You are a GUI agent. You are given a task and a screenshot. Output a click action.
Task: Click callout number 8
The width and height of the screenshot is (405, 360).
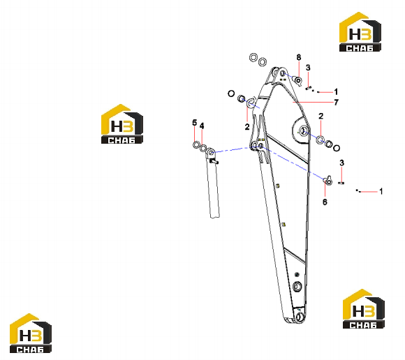click(x=299, y=57)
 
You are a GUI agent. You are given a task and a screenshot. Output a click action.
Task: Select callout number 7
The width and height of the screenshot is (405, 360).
click(x=336, y=103)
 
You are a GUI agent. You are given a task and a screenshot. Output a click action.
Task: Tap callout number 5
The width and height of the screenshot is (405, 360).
click(x=195, y=123)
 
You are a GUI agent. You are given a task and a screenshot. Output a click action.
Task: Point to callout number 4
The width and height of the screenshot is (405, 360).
click(x=202, y=126)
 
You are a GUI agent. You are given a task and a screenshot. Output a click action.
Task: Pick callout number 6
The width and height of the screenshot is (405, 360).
click(x=325, y=202)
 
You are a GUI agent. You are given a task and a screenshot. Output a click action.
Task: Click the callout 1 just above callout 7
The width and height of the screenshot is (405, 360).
click(x=336, y=91)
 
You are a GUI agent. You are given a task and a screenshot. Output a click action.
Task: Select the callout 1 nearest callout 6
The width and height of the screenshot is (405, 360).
click(x=381, y=191)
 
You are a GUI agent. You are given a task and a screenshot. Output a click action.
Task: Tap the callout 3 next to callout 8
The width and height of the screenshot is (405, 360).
click(x=308, y=68)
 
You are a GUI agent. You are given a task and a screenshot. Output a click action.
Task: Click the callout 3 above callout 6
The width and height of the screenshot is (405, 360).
click(x=341, y=163)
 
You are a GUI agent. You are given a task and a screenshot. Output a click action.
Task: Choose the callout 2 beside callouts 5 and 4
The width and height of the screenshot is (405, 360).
click(x=247, y=127)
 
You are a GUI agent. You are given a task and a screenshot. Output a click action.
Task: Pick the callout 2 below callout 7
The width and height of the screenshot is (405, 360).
click(x=321, y=116)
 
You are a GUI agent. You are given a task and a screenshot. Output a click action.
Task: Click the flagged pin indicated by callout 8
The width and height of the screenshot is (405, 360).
click(x=298, y=80)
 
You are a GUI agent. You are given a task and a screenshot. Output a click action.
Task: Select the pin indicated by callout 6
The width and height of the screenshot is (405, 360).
click(x=328, y=181)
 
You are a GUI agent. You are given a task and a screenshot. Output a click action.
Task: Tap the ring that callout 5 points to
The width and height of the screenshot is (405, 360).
click(x=196, y=145)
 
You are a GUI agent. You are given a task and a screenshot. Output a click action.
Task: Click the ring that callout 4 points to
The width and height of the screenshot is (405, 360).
click(x=204, y=148)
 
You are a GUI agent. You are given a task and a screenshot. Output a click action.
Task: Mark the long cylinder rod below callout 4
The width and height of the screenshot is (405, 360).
click(x=213, y=183)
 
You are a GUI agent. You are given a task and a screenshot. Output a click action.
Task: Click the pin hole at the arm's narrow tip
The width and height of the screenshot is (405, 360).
click(x=300, y=316)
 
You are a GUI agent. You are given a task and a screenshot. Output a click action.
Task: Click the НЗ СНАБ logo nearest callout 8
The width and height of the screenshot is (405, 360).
click(x=360, y=31)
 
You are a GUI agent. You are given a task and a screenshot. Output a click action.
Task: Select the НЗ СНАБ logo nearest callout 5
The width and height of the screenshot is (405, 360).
click(x=122, y=124)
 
